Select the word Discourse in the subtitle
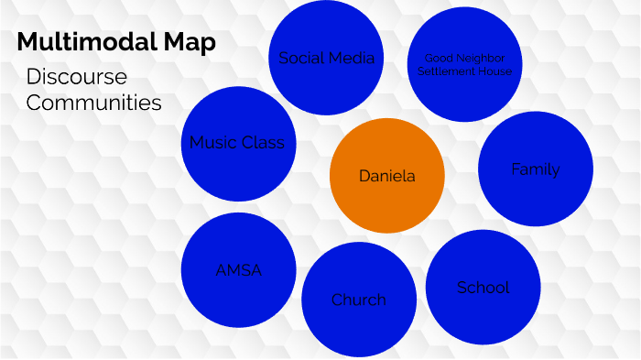[x=77, y=76]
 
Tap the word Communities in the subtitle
[x=93, y=102]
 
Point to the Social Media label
[x=327, y=58]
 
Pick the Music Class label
[x=237, y=142]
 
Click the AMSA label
[x=238, y=270]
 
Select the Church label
[x=358, y=300]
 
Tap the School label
[x=483, y=288]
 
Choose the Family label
[x=536, y=169]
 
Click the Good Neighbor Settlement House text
[x=464, y=64]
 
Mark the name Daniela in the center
[x=386, y=176]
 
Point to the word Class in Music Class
[x=263, y=142]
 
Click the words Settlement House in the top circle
[x=464, y=71]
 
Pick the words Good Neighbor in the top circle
[x=464, y=59]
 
